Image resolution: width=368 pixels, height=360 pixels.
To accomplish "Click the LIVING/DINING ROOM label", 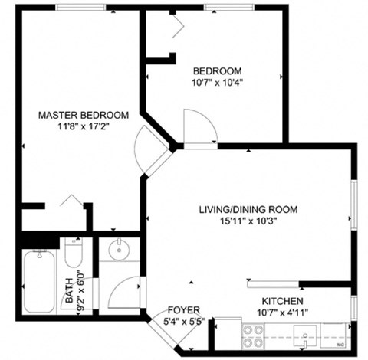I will click(248, 209).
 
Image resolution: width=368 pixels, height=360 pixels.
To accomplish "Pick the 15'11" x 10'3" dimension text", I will click(248, 221).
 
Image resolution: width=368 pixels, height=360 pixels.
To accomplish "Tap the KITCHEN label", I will click(282, 301).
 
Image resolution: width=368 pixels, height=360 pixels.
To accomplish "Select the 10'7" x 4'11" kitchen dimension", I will click(282, 313).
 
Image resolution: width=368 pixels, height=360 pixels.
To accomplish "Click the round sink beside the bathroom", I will click(117, 249).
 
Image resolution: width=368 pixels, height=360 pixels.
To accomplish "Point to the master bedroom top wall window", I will click(80, 8).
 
